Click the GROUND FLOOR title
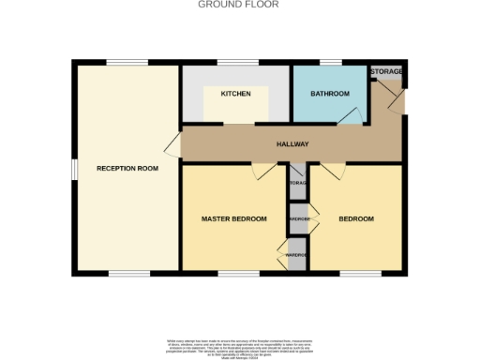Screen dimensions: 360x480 pos(237,5)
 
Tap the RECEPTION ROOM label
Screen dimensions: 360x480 pos(127,169)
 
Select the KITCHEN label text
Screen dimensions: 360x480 pos(235,95)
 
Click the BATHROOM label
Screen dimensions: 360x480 pos(330,94)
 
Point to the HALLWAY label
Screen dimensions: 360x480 pos(292,144)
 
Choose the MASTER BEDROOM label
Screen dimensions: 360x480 pos(234,219)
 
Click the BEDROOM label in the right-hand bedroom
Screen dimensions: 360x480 pos(356,219)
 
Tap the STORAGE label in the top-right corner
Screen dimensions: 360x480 pos(387,71)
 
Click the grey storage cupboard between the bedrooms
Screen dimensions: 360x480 pos(298,183)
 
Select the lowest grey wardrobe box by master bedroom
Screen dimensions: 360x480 pos(297,255)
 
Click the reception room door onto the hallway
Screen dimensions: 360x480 pos(172,145)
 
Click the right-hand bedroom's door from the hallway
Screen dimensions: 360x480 pos(334,170)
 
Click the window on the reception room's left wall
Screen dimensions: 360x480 pos(73,169)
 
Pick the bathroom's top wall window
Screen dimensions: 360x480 pos(331,63)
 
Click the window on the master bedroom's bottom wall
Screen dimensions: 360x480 pos(234,273)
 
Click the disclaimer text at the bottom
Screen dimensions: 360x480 pos(237,346)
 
